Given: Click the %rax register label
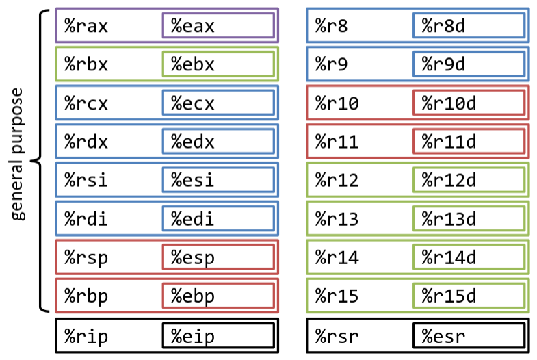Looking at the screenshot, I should pyautogui.click(x=86, y=26).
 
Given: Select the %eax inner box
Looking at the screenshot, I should pyautogui.click(x=218, y=26).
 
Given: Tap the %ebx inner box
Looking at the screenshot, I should pyautogui.click(x=218, y=64).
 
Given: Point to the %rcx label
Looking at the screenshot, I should pyautogui.click(x=86, y=103).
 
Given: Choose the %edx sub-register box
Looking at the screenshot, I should pyautogui.click(x=218, y=142).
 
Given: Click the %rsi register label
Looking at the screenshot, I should pyautogui.click(x=86, y=181).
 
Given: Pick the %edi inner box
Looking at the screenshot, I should pyautogui.click(x=218, y=219).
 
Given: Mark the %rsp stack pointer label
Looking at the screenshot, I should pyautogui.click(x=86, y=258).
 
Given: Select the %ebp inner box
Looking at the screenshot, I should pyautogui.click(x=218, y=296).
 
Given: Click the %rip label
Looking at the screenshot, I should pyautogui.click(x=86, y=335).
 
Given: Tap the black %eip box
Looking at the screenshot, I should pyautogui.click(x=218, y=335).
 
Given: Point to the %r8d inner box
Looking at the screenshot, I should pyautogui.click(x=469, y=26).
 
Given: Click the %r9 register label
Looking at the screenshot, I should pyautogui.click(x=332, y=64).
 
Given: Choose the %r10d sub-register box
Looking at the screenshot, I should pyautogui.click(x=469, y=103).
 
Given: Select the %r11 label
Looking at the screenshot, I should pyautogui.click(x=336, y=142).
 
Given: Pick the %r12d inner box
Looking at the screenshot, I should pyautogui.click(x=469, y=181).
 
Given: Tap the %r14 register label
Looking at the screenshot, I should pyautogui.click(x=336, y=258).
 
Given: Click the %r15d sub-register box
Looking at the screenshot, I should pyautogui.click(x=469, y=296).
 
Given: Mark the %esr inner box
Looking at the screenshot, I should pyautogui.click(x=469, y=335).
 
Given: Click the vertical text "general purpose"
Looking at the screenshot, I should pyautogui.click(x=18, y=153).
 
